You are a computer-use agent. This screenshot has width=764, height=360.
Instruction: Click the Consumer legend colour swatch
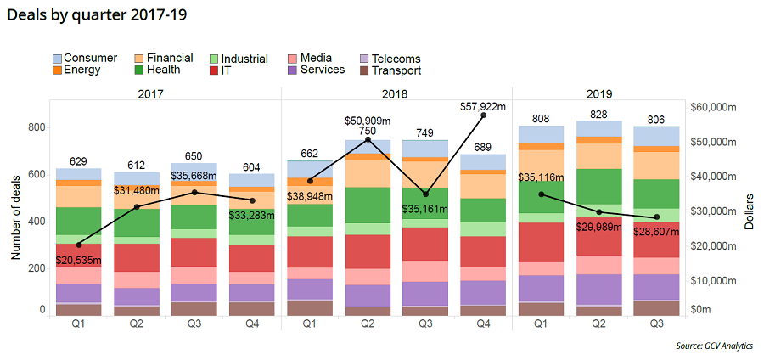[57, 59]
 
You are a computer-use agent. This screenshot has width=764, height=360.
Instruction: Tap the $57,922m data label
[483, 106]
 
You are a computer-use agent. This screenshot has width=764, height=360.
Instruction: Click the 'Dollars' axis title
[750, 211]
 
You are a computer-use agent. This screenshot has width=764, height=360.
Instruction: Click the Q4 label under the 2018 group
[483, 323]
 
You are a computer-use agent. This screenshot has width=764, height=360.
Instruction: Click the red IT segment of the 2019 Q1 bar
[540, 241]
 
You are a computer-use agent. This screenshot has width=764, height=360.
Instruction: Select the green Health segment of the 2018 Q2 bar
[368, 205]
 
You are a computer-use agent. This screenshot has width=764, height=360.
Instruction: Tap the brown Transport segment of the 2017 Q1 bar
[79, 309]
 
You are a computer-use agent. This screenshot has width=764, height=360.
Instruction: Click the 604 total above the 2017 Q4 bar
[252, 166]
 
